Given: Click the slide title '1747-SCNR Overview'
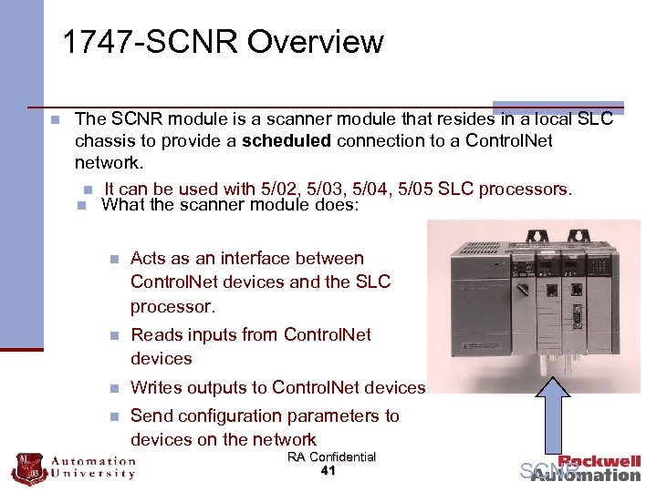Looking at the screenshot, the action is (223, 42).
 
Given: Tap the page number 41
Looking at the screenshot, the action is (330, 471).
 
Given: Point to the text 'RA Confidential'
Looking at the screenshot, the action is (331, 456).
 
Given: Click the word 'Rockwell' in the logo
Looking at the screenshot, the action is (600, 462).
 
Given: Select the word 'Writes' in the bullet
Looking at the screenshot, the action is (159, 387).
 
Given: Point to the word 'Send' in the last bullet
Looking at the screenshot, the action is (153, 415).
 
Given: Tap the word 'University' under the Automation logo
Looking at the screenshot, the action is (93, 474).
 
